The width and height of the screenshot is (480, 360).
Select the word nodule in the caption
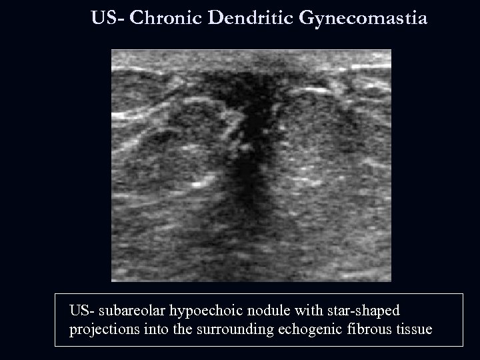[257, 311]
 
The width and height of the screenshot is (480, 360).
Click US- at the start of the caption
[81, 311]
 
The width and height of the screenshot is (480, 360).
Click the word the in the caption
[170, 330]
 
